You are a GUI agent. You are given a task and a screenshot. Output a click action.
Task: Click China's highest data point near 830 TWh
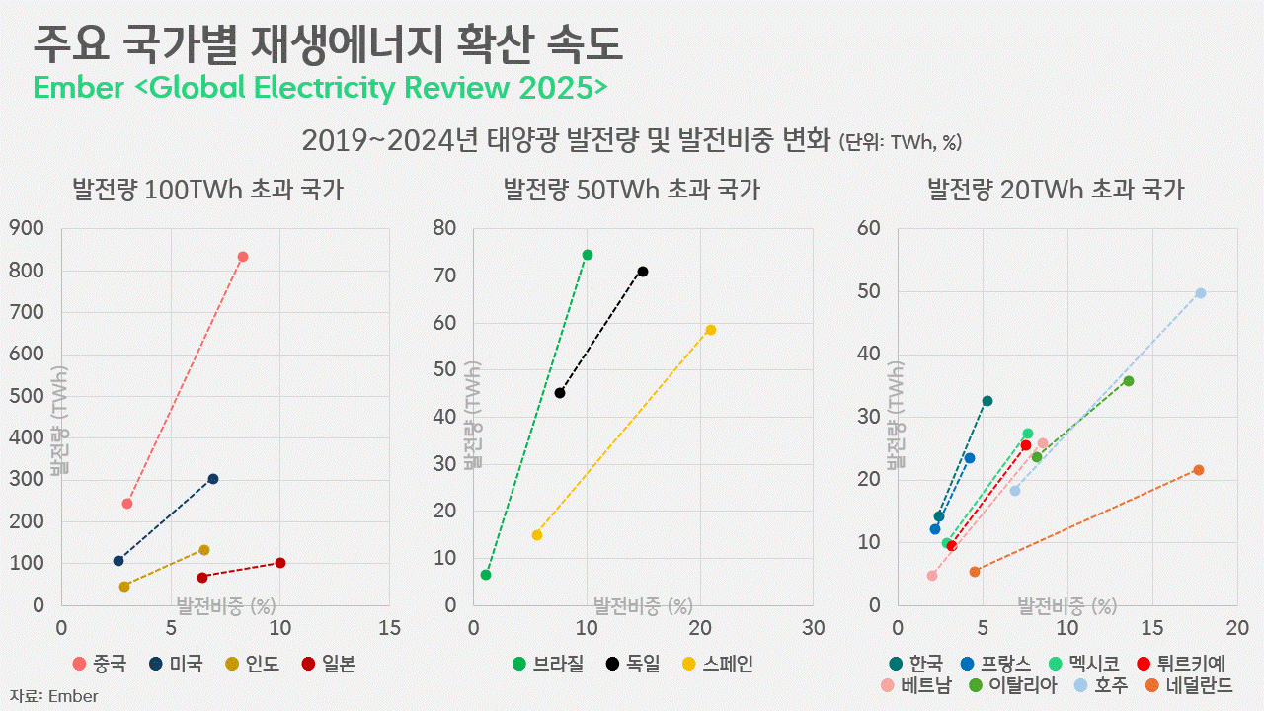point(243,257)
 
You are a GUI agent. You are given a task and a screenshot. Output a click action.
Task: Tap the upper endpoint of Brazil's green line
point(588,255)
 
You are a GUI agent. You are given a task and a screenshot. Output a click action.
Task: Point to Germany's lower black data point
point(560,393)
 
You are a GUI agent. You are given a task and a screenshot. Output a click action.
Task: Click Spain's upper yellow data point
point(711,330)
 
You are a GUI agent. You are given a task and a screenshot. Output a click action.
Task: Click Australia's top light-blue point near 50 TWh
point(1201,293)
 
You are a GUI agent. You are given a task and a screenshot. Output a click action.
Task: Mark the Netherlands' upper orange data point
point(1199,470)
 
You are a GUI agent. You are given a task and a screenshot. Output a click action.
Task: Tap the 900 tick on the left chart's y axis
point(26,228)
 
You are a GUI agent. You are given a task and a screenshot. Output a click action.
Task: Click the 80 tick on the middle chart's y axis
point(444,228)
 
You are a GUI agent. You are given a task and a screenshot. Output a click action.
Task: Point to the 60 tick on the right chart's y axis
point(869,228)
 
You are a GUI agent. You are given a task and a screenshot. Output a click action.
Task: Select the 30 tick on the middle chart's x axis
point(813,628)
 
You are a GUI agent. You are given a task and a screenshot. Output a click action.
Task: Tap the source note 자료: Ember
point(54,696)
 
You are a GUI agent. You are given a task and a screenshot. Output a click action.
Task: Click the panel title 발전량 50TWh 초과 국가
point(632,189)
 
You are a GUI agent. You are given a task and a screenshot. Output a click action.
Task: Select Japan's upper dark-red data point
point(280,563)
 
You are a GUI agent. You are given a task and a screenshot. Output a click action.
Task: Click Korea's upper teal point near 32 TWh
point(987,401)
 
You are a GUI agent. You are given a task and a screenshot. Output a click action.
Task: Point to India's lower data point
point(124,587)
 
